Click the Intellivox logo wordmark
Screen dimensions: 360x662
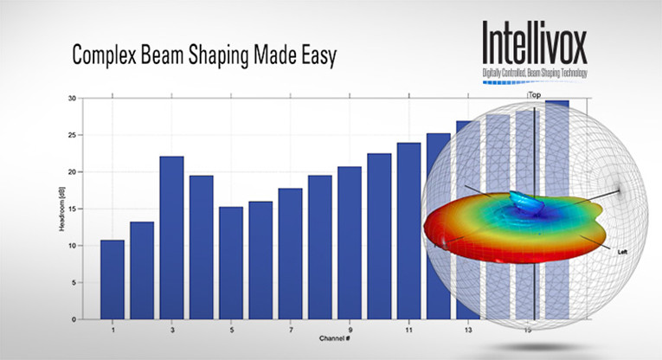535,44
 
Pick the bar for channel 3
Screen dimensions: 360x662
171,238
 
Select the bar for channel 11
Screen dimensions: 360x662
408,231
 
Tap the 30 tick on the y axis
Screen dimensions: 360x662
73,98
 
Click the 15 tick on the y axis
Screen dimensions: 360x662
73,209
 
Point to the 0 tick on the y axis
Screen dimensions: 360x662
75,319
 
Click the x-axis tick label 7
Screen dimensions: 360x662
290,331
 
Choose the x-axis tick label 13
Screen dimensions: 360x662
468,331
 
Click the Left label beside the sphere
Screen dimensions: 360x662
622,250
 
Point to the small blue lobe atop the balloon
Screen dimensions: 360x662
525,202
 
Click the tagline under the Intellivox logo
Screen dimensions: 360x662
535,73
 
